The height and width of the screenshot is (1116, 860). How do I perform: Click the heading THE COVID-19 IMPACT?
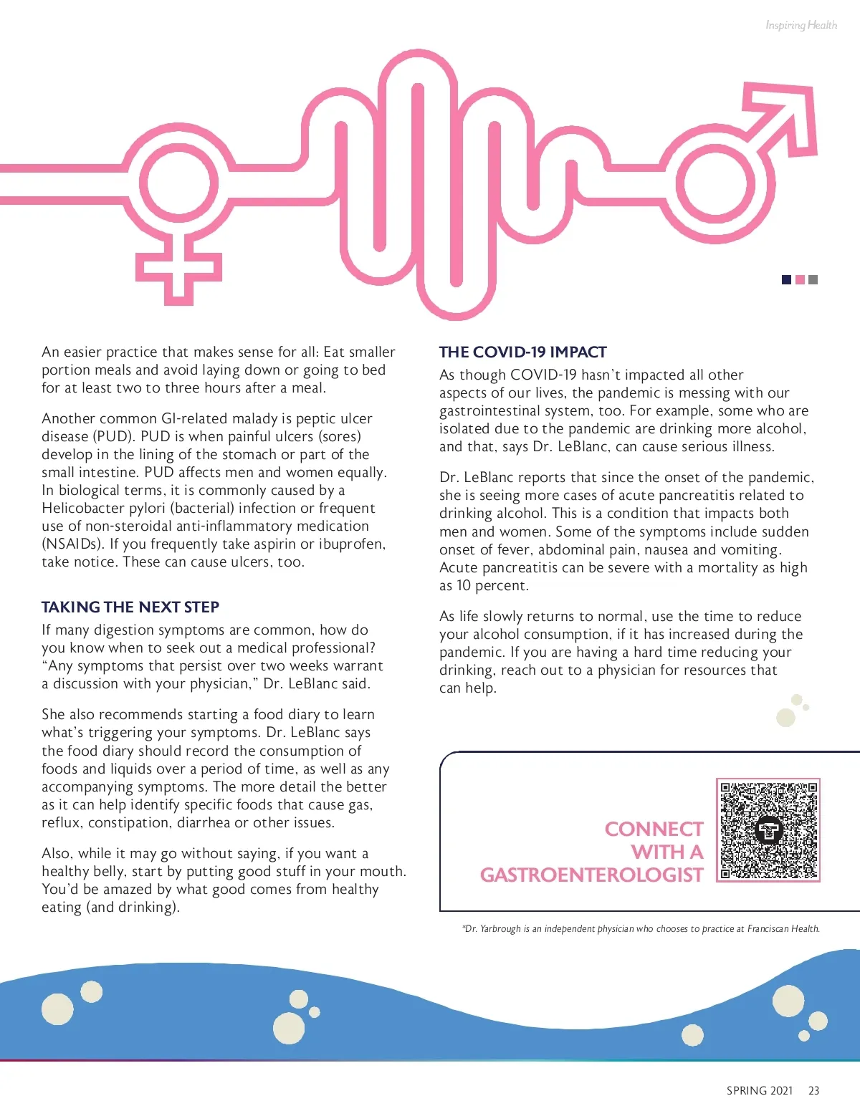point(522,352)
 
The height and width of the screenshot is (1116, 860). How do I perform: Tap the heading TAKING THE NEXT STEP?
point(130,607)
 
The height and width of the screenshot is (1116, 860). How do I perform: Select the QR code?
point(768,830)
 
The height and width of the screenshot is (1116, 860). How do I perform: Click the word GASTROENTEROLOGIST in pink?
point(591,875)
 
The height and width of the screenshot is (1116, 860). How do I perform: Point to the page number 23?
point(813,1090)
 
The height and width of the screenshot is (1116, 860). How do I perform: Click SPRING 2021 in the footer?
point(759,1090)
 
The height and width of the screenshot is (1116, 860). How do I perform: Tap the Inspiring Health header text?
point(801,25)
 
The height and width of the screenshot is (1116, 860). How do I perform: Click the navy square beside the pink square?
point(786,279)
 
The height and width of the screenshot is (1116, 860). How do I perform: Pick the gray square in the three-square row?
point(813,279)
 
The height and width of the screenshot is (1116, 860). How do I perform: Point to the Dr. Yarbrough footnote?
point(641,928)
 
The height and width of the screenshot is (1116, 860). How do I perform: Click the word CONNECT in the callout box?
point(654,829)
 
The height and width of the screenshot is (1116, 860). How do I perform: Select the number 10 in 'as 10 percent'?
point(464,585)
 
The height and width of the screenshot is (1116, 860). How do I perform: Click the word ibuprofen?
point(350,544)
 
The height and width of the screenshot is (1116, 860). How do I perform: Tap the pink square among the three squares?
point(800,279)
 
